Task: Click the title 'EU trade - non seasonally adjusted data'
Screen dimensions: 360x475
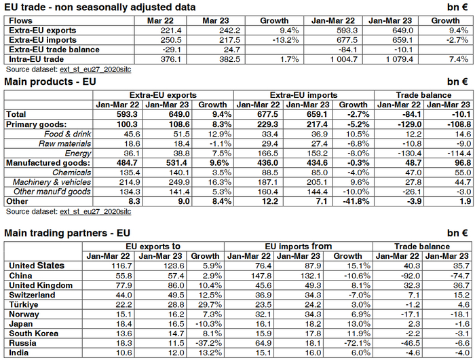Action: click(100, 7)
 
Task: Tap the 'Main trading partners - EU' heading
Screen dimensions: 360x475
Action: click(66, 232)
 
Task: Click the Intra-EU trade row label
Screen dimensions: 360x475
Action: click(35, 59)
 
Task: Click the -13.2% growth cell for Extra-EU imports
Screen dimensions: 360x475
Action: click(275, 40)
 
